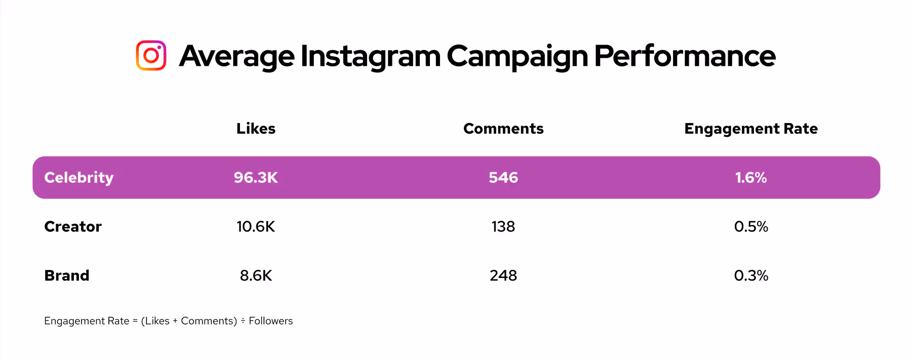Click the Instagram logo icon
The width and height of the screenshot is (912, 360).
(151, 56)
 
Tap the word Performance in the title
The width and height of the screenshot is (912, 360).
(684, 56)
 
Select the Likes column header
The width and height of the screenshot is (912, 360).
(256, 129)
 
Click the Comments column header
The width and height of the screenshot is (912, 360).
(503, 129)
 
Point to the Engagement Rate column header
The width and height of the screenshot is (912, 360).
(750, 129)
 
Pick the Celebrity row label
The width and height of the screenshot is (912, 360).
(79, 178)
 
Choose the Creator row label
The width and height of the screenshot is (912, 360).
(73, 226)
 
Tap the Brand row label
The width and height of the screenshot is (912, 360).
(67, 275)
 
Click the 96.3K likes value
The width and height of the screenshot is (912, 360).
(256, 178)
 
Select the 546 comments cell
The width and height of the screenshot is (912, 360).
(503, 178)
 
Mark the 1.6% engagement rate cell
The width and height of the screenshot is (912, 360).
(750, 178)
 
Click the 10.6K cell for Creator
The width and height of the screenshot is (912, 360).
(256, 226)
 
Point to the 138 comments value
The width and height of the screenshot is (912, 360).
(503, 226)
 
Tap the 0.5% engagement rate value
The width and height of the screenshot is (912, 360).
(750, 226)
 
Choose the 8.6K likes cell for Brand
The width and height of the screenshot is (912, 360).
(256, 275)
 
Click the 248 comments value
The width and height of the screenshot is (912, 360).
(503, 275)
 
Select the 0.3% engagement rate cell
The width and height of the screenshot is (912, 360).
(750, 275)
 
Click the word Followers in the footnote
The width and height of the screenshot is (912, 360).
(270, 321)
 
